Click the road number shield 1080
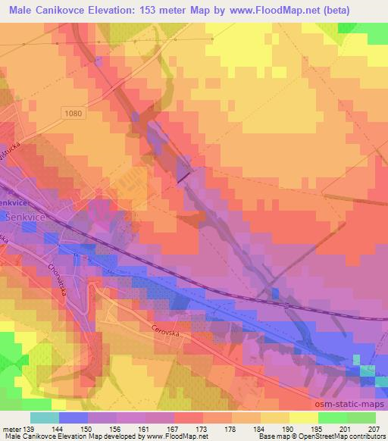click(x=73, y=113)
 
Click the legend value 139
click(x=29, y=428)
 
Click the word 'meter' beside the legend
click(x=11, y=428)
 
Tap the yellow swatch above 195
click(x=304, y=418)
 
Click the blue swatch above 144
click(x=74, y=418)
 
